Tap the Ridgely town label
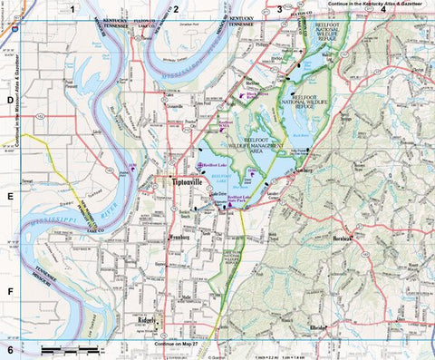coord(147,320)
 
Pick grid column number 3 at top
coord(279,9)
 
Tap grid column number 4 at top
coord(383,9)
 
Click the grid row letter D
coord(10,102)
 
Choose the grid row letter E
coord(10,194)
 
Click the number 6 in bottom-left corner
coord(10,349)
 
